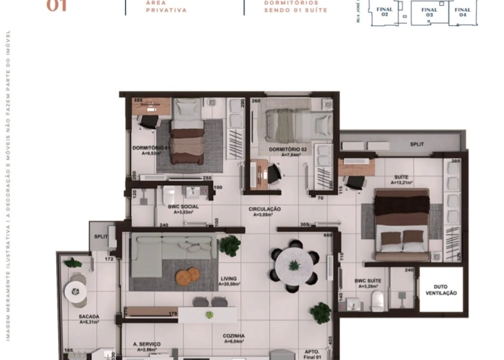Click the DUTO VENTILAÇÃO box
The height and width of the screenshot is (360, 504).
(441, 289)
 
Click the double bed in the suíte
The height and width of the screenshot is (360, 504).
(402, 224)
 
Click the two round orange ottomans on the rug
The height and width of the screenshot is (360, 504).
(187, 275)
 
